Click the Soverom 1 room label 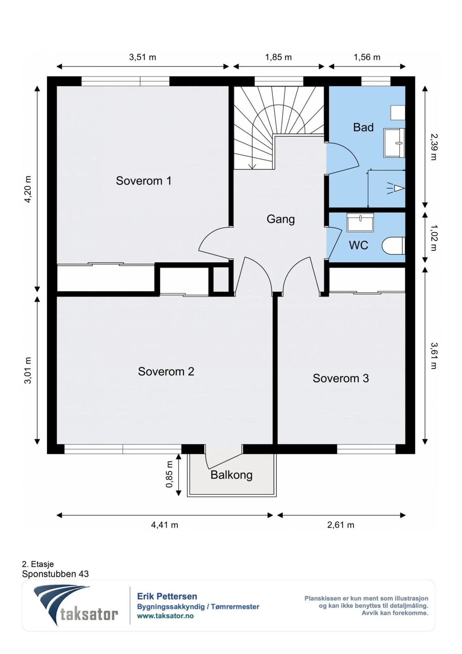pos(143,181)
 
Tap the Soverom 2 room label pos(166,371)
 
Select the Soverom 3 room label pos(341,378)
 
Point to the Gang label pos(280,219)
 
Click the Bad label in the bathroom pos(363,127)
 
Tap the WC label pos(358,245)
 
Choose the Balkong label pos(231,475)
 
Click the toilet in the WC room pos(393,246)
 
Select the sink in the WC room pos(360,222)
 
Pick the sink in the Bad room pos(394,142)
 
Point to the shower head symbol pos(396,188)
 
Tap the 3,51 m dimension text pos(142,57)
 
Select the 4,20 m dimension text pos(28,189)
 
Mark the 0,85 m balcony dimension pos(169,474)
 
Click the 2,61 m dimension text pos(340,525)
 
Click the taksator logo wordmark pos(89,614)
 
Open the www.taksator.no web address pos(165,616)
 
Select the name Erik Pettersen pos(167,596)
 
